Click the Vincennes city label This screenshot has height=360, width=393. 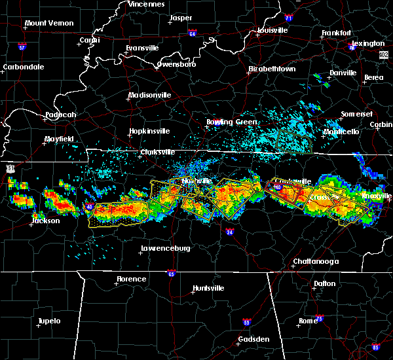click(x=146, y=4)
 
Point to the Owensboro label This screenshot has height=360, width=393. click(x=176, y=65)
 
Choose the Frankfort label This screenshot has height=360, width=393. click(x=337, y=33)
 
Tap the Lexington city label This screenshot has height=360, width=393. click(x=368, y=44)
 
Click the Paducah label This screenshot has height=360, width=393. click(x=61, y=115)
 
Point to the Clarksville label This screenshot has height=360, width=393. click(x=159, y=153)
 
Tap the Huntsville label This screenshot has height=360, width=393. click(x=208, y=289)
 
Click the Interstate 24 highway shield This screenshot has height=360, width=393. click(x=230, y=232)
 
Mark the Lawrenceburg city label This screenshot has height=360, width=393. click(x=165, y=249)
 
